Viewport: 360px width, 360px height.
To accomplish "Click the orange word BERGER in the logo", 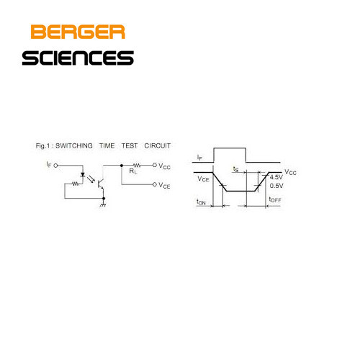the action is tap(78, 32).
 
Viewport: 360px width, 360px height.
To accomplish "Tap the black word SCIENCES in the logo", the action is tap(78, 58).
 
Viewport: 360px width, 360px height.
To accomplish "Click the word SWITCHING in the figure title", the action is tap(74, 145).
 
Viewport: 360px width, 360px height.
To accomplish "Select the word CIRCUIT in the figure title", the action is tap(158, 145).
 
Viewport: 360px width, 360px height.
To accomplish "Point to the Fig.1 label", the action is tap(42, 146).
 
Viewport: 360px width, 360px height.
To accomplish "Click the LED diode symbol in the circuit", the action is tap(83, 175).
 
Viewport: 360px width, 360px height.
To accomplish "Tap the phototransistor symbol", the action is tap(101, 184).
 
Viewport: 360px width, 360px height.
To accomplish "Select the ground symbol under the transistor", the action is tap(103, 204).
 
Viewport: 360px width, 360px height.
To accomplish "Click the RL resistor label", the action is tap(133, 171).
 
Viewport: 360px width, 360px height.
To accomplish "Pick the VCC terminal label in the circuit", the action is tap(164, 166).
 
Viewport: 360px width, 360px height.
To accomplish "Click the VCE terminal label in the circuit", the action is tap(164, 185).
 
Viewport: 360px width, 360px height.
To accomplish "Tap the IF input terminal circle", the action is tap(55, 166).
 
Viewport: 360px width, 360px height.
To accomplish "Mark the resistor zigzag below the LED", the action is tap(76, 184).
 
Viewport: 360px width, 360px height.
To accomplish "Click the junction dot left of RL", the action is tap(122, 166).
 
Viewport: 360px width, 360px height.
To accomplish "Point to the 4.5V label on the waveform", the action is tap(276, 177).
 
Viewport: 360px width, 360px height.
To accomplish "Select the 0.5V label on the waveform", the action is tap(276, 186).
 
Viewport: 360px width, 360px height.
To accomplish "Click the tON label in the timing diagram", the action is tap(201, 202).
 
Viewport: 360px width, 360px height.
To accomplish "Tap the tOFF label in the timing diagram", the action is tap(275, 199).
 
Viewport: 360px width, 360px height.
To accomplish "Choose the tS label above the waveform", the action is tap(236, 169).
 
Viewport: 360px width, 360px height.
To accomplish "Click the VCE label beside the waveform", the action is tap(203, 179).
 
